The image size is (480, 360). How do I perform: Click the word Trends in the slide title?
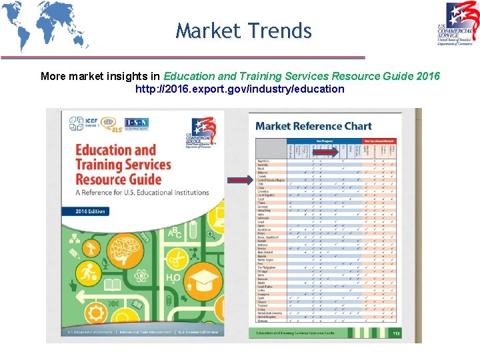(x=279, y=31)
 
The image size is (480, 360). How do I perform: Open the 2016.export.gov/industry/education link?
(x=240, y=89)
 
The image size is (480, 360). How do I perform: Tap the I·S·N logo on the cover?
(x=137, y=123)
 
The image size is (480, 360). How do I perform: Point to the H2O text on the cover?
(x=171, y=278)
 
